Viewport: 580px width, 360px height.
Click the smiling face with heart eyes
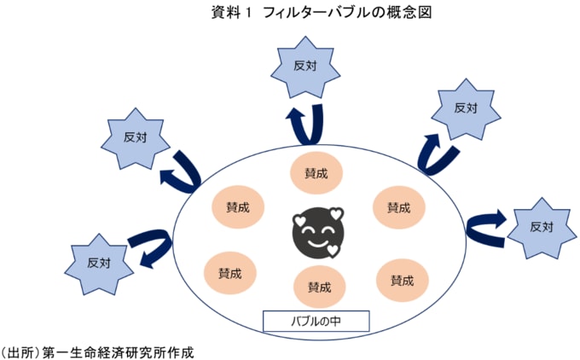pos(316,232)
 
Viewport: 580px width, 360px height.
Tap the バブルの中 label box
pos(315,322)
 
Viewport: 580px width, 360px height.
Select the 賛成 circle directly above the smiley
pos(316,172)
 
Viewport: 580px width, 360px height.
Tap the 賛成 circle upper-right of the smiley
pos(398,207)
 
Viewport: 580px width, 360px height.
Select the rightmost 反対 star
pos(541,228)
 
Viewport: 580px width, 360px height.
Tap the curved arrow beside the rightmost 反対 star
pos(487,226)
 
